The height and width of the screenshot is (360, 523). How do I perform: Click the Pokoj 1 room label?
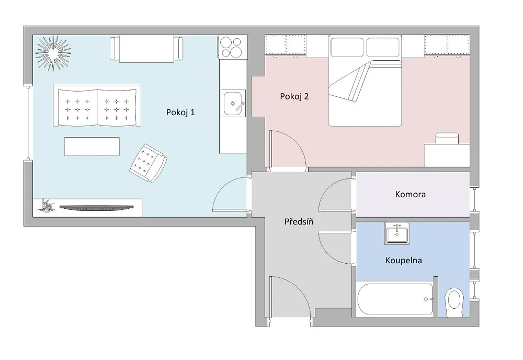pyautogui.click(x=180, y=113)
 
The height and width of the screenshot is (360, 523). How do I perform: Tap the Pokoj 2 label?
pyautogui.click(x=294, y=97)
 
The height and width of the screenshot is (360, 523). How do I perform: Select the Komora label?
pyautogui.click(x=410, y=194)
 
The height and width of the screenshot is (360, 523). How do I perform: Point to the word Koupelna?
pyautogui.click(x=404, y=261)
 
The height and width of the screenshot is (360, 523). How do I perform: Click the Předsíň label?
pyautogui.click(x=299, y=221)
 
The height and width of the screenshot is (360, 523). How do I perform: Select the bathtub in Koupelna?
pyautogui.click(x=395, y=299)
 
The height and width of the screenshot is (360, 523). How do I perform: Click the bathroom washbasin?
pyautogui.click(x=397, y=233)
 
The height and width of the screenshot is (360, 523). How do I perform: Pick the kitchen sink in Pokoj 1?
pyautogui.click(x=233, y=103)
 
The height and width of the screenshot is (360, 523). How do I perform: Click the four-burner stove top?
pyautogui.click(x=233, y=47)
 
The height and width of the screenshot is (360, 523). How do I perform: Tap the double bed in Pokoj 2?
pyautogui.click(x=365, y=81)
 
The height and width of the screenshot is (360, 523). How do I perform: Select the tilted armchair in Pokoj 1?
pyautogui.click(x=148, y=163)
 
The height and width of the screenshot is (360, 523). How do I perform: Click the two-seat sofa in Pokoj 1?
pyautogui.click(x=97, y=106)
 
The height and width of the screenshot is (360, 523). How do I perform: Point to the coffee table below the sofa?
pyautogui.click(x=92, y=147)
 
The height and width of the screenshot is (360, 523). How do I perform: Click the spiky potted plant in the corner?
pyautogui.click(x=53, y=53)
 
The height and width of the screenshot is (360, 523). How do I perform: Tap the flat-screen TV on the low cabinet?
pyautogui.click(x=97, y=208)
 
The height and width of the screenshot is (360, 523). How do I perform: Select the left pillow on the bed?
pyautogui.click(x=347, y=47)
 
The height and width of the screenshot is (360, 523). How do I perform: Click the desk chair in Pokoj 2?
pyautogui.click(x=447, y=138)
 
